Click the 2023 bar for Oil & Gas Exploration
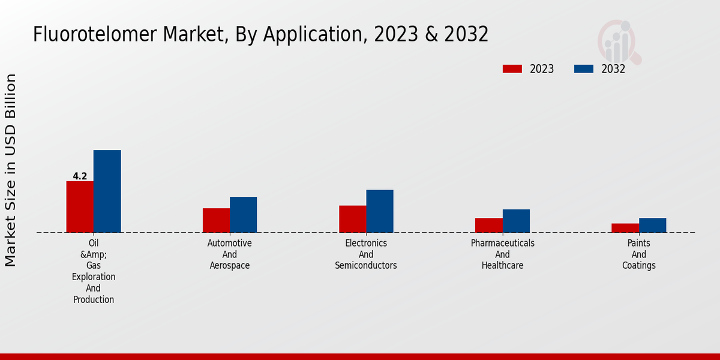(x=80, y=206)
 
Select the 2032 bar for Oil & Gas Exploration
(x=107, y=191)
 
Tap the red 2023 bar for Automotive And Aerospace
(x=216, y=220)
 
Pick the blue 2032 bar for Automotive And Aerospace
(x=243, y=214)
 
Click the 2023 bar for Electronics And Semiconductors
(x=352, y=219)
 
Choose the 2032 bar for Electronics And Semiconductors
(x=380, y=211)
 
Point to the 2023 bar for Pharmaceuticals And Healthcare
(x=488, y=225)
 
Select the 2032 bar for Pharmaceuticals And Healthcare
(x=516, y=221)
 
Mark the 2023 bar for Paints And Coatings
(x=625, y=228)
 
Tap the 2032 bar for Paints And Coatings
(x=652, y=225)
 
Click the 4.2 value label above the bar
(x=80, y=176)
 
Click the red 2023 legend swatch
(x=512, y=69)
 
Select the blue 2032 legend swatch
(x=584, y=69)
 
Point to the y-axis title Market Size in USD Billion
(x=11, y=170)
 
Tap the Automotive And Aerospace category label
(x=230, y=254)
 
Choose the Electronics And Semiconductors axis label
(x=366, y=254)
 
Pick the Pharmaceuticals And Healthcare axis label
(x=502, y=254)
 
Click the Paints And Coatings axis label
(x=638, y=254)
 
